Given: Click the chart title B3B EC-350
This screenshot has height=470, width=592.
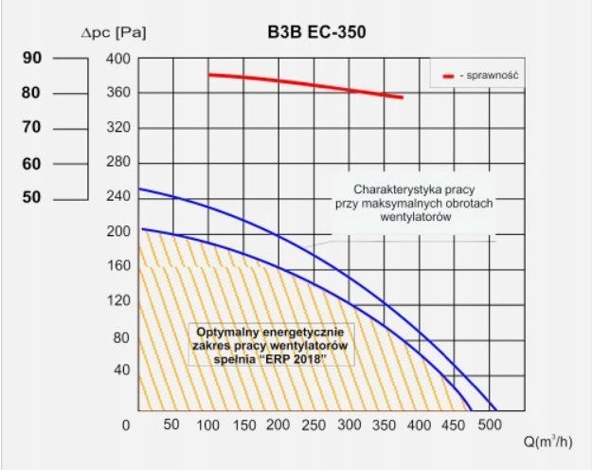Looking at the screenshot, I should tap(316, 31).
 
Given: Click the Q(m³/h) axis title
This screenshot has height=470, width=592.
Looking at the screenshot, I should tap(547, 441).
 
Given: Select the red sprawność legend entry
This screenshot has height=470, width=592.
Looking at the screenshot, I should tap(484, 74).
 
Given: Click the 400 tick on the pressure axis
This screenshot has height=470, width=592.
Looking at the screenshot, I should tap(118, 59).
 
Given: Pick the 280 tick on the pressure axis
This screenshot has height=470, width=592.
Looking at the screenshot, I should tap(118, 163).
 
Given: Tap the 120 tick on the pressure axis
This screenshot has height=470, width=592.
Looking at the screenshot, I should tap(118, 301).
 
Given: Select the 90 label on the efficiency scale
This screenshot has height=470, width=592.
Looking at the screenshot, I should tap(32, 58).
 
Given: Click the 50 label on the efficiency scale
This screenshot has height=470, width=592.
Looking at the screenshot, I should tap(32, 197).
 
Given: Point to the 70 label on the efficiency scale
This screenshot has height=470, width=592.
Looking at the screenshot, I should tap(32, 127).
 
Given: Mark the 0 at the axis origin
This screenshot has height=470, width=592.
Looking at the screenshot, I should tap(126, 425).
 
